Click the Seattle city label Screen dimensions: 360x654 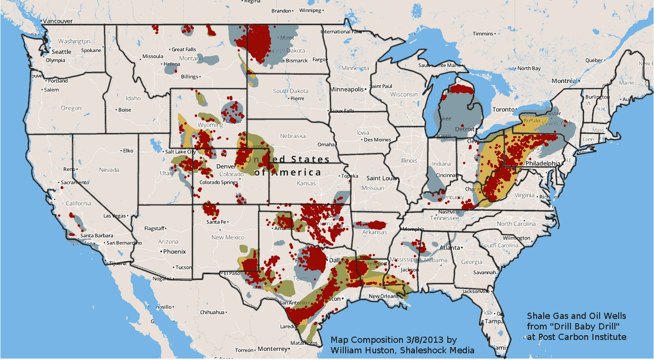62,52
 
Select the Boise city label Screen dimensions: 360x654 125,110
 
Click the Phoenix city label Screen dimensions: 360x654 174,252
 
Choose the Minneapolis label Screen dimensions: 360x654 347,89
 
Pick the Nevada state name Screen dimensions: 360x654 109,170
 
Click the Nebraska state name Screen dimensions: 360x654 293,136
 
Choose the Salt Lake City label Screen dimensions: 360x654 179,152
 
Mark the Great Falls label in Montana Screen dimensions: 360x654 184,49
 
